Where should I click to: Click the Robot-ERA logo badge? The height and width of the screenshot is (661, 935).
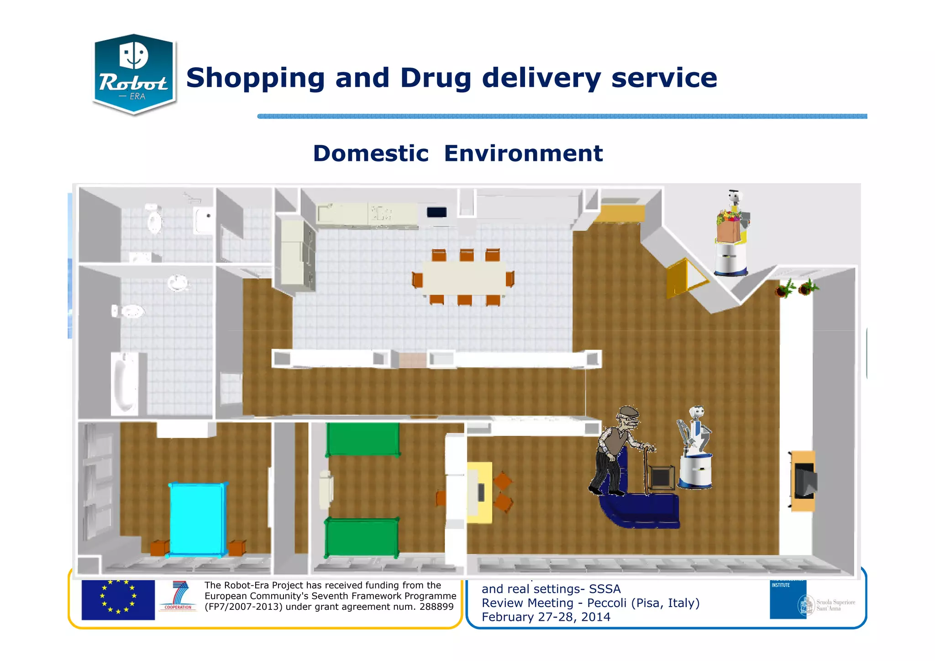point(134,74)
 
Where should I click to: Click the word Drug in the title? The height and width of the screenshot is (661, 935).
point(435,78)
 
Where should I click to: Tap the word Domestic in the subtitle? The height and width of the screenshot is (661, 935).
point(371,153)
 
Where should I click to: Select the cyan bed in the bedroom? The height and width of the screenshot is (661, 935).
point(197,519)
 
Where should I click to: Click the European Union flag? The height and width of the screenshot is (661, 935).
point(118,600)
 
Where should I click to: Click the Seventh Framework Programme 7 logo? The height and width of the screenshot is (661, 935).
point(179,596)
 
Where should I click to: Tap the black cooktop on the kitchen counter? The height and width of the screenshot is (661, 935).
point(436,212)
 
